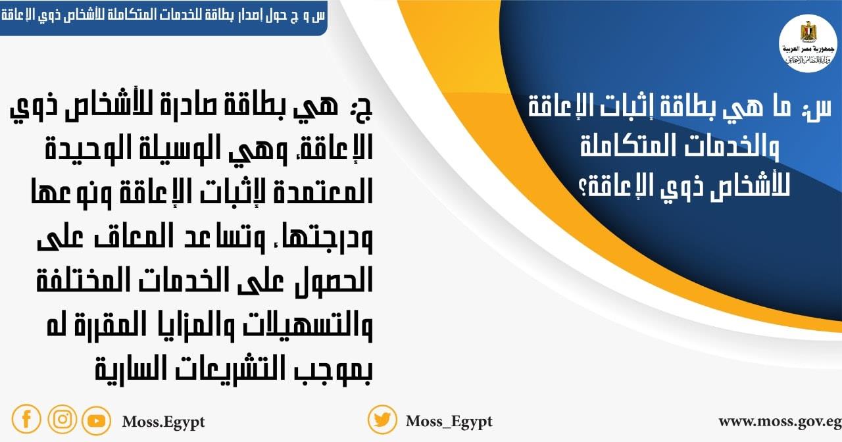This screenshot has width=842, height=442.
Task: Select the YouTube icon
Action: [x=97, y=420]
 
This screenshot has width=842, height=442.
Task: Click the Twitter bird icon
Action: [x=382, y=419]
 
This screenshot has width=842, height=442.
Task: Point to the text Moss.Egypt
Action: [x=163, y=421]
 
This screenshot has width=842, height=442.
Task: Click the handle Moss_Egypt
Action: [x=449, y=421]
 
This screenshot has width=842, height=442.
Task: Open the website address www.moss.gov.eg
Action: [x=780, y=421]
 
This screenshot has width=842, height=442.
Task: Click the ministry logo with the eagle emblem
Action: [x=807, y=42]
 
